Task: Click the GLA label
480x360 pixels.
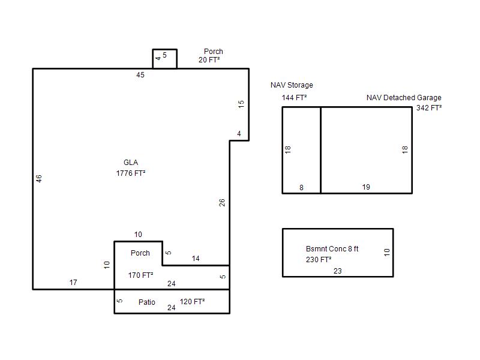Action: (x=131, y=163)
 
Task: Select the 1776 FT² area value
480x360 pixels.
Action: (x=131, y=173)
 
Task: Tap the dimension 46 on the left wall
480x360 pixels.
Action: (x=39, y=178)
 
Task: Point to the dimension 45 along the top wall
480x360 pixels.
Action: (x=140, y=75)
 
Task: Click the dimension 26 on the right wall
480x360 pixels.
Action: (x=222, y=202)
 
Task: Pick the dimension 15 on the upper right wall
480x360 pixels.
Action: (x=241, y=104)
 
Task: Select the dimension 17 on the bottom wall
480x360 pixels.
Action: (x=73, y=283)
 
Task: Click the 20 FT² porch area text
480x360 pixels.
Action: (x=209, y=60)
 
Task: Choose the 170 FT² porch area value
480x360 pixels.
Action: (x=140, y=275)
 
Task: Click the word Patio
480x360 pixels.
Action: (x=146, y=302)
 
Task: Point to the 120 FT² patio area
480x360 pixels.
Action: (x=192, y=302)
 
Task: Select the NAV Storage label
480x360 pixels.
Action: (x=292, y=85)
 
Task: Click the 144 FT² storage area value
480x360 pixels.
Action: (x=294, y=98)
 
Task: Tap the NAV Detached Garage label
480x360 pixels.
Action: (x=404, y=98)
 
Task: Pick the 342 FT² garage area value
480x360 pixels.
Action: (x=429, y=108)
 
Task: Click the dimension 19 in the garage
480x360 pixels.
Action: (x=366, y=187)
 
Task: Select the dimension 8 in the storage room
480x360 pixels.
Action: (x=301, y=188)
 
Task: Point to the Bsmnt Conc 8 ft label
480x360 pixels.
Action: (x=332, y=249)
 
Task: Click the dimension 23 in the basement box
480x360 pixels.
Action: (x=338, y=271)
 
